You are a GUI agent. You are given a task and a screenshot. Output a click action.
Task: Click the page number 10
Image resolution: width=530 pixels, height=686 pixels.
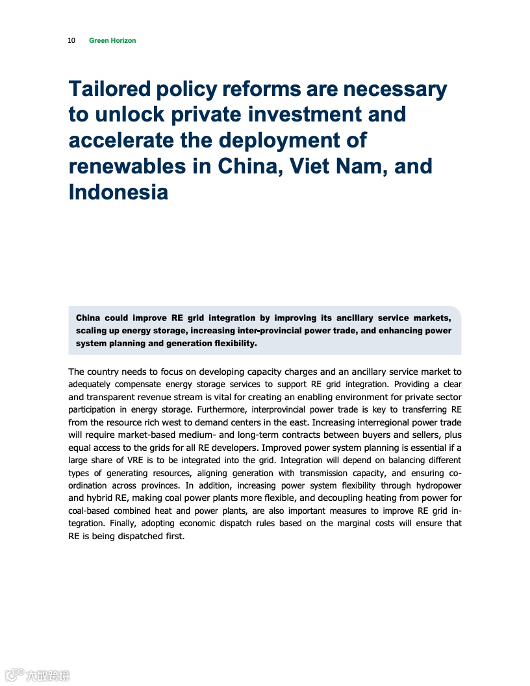coord(71,40)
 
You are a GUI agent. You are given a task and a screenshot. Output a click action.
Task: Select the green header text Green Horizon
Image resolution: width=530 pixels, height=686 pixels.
coord(112,40)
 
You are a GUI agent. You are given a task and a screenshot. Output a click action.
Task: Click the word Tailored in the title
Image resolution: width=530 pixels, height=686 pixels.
coord(110,89)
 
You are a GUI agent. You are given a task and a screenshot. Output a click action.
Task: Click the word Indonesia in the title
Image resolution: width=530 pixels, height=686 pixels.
coord(118,192)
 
